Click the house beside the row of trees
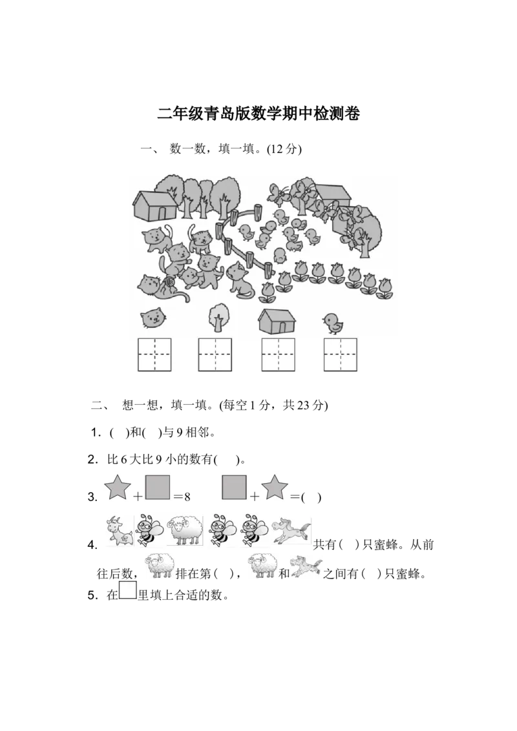tap(154, 205)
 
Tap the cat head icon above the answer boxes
tap(153, 318)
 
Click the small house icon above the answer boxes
tap(277, 320)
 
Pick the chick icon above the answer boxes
tap(333, 322)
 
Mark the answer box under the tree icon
tap(215, 355)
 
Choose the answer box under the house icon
tap(278, 355)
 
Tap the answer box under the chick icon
tap(340, 355)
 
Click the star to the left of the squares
tap(116, 487)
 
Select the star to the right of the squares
tap(274, 487)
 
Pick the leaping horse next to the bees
tap(291, 531)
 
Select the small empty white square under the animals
tap(128, 590)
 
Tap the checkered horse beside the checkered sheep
tap(306, 565)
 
